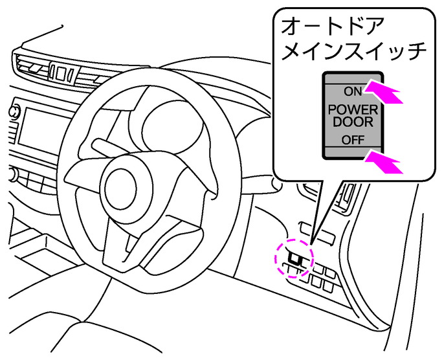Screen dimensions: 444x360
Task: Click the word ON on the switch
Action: point(353,91)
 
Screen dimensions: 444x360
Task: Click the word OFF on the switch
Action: point(353,140)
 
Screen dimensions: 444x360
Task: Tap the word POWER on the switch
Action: point(353,110)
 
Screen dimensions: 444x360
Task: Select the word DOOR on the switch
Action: point(353,122)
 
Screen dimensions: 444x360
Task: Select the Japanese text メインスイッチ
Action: point(354,51)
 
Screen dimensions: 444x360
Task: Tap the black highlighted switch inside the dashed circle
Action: point(294,258)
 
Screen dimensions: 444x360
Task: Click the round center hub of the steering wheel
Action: point(120,188)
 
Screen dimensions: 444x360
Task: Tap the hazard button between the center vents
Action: point(60,73)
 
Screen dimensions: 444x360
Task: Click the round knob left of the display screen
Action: point(14,111)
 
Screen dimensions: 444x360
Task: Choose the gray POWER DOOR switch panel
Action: point(353,115)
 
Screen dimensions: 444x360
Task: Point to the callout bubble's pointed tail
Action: point(311,244)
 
